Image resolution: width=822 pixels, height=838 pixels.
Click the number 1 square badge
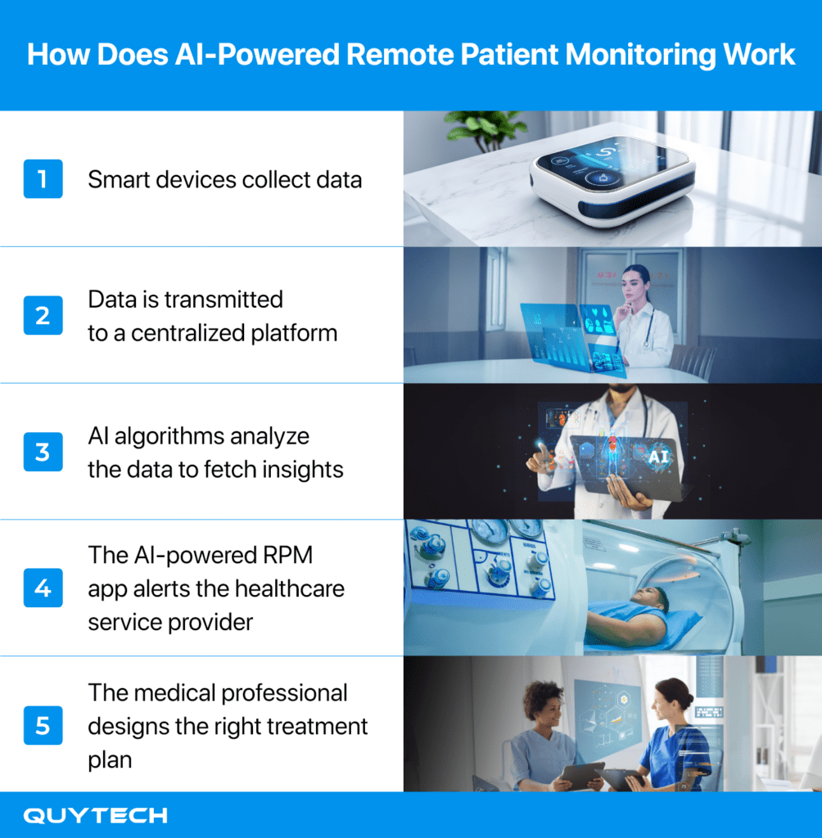pyautogui.click(x=43, y=178)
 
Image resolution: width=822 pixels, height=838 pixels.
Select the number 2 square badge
pyautogui.click(x=43, y=315)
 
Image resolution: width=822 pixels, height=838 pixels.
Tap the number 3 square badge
pyautogui.click(x=43, y=452)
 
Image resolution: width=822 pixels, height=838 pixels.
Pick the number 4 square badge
pyautogui.click(x=43, y=588)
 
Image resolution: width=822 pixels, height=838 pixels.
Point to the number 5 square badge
pyautogui.click(x=43, y=725)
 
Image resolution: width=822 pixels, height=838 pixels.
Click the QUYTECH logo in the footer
pyautogui.click(x=95, y=816)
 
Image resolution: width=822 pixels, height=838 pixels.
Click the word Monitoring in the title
pyautogui.click(x=640, y=55)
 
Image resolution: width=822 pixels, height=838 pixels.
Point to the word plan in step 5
pyautogui.click(x=110, y=760)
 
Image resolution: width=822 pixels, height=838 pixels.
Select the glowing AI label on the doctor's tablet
pyautogui.click(x=657, y=457)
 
